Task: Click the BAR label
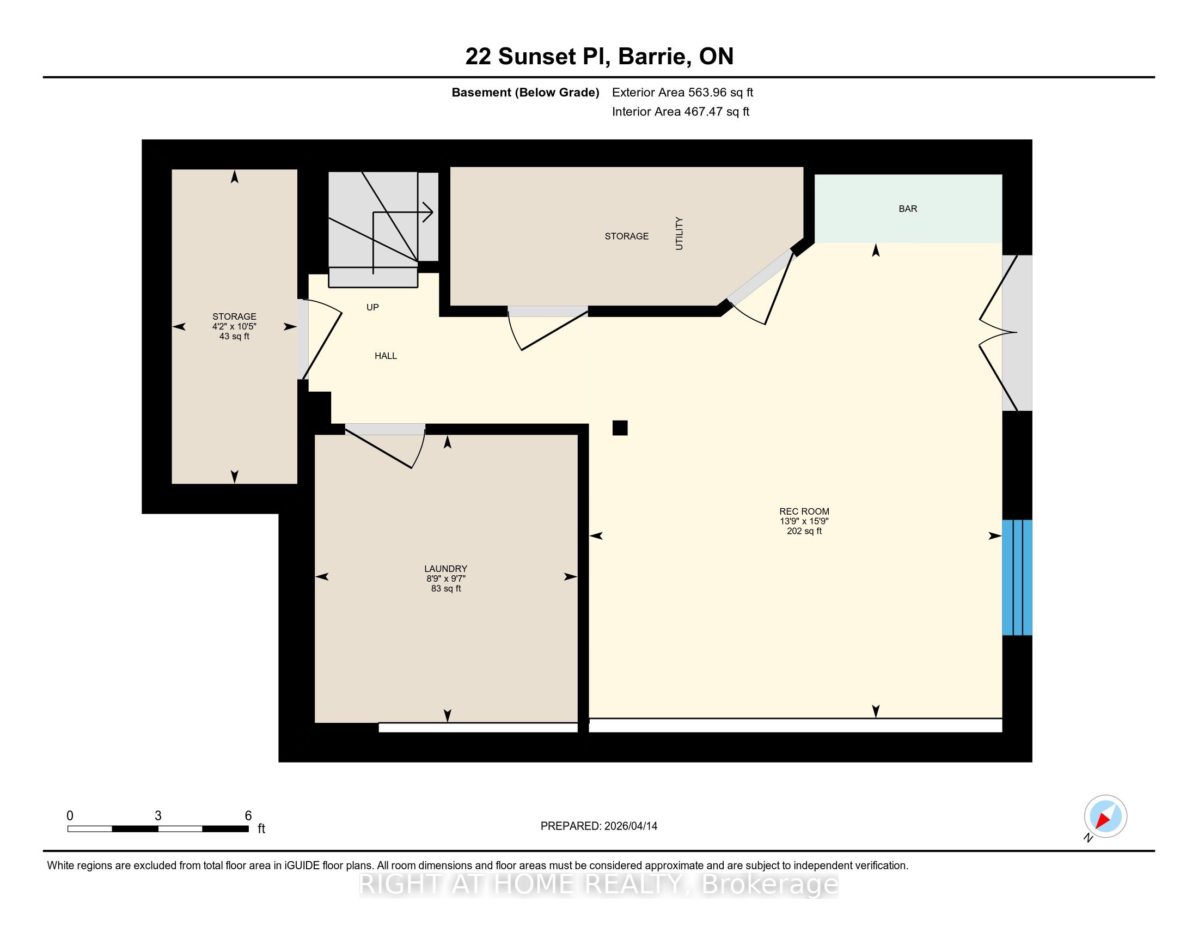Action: tap(908, 209)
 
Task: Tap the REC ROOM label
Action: tap(804, 511)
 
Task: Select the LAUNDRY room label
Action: tap(445, 569)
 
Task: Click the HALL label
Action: tap(386, 356)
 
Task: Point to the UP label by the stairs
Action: tap(372, 307)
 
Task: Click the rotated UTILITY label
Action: tap(679, 234)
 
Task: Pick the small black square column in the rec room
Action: tap(620, 428)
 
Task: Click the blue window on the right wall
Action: tap(1017, 577)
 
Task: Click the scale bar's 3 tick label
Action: tap(158, 816)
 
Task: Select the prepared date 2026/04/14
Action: tap(630, 826)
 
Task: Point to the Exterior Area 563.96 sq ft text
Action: tap(682, 92)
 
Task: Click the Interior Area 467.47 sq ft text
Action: tap(680, 111)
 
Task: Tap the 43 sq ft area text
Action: tap(234, 336)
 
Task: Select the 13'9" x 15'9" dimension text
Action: tap(804, 521)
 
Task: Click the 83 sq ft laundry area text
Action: tap(446, 589)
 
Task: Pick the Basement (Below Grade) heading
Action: tap(525, 92)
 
